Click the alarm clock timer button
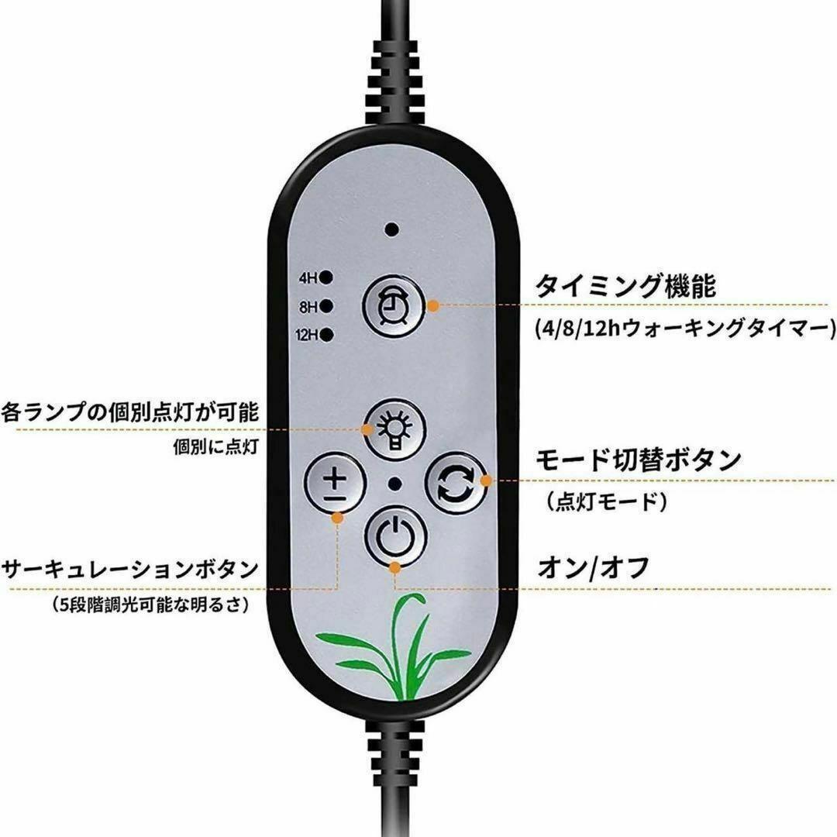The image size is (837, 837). tap(394, 306)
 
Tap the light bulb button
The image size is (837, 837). tap(395, 430)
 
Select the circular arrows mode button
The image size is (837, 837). tap(456, 483)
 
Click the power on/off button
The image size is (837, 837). tap(395, 536)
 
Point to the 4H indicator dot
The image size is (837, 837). tap(327, 277)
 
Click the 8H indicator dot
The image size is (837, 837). tap(327, 306)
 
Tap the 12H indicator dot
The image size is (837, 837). tap(327, 335)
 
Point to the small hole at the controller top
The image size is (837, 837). tap(392, 230)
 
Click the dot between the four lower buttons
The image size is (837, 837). tap(395, 484)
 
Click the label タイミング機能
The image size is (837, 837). tap(625, 285)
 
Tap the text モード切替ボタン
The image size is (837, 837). tap(639, 460)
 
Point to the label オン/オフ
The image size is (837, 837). tap(593, 567)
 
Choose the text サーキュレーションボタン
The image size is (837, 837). tap(129, 570)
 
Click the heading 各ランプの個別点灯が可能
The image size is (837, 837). tap(129, 412)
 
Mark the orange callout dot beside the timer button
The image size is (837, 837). tap(433, 306)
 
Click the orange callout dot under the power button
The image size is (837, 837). tap(394, 568)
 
